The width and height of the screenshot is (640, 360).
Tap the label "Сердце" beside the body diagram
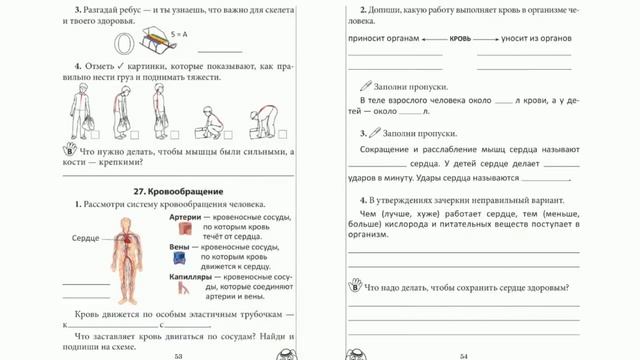[86, 238]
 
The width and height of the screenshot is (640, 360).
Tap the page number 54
[465, 355]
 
